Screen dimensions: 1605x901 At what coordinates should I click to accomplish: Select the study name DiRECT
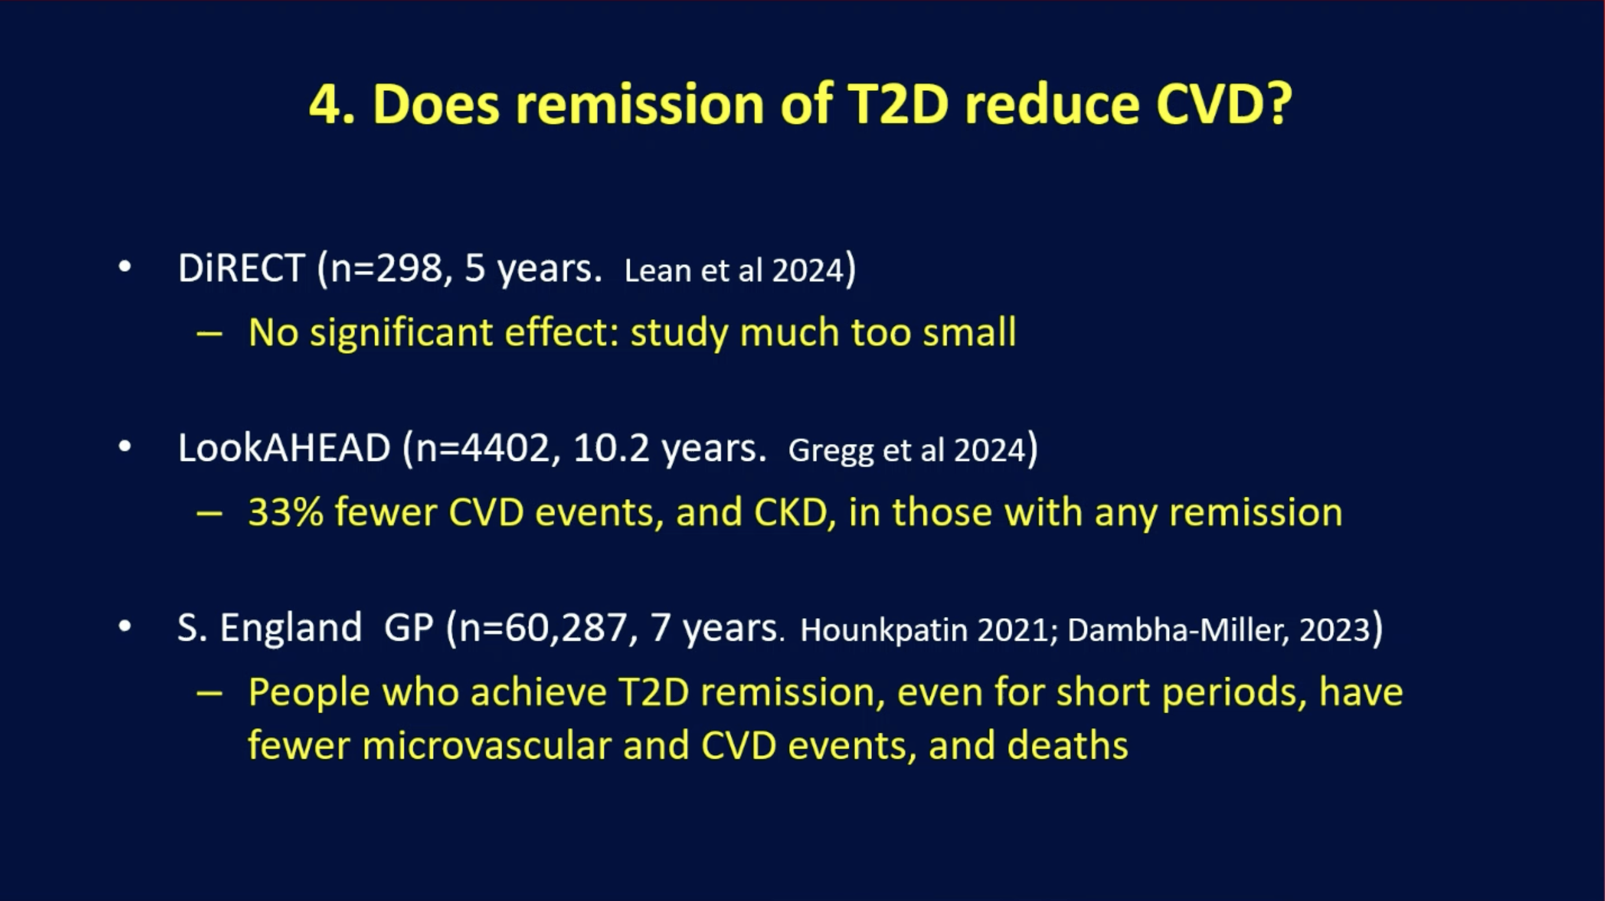coord(241,268)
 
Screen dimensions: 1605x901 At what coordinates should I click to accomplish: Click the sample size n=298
coord(385,268)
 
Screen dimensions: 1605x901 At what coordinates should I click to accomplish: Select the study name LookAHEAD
coord(284,448)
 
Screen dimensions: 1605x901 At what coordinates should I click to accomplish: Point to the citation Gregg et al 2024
coord(907,451)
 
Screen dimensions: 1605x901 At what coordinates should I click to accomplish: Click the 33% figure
coord(286,512)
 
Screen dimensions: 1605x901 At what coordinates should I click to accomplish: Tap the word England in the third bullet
coord(290,628)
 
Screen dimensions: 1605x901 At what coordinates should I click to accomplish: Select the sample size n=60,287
coord(543,628)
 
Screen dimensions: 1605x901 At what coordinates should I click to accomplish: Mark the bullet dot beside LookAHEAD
coord(125,447)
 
